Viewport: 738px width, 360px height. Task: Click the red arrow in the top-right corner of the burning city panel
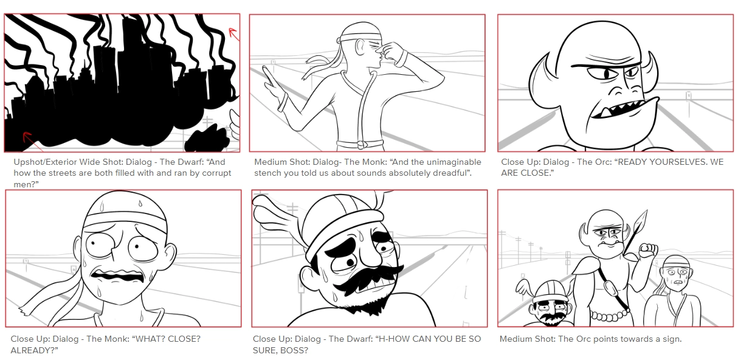tap(234, 34)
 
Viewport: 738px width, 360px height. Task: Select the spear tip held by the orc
tap(641, 220)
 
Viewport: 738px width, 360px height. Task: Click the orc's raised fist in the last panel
tap(648, 251)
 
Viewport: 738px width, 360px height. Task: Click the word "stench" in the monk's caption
tap(267, 173)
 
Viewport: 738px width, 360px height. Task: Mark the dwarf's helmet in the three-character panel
tap(548, 290)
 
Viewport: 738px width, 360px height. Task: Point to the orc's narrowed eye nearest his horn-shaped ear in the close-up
tap(632, 72)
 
